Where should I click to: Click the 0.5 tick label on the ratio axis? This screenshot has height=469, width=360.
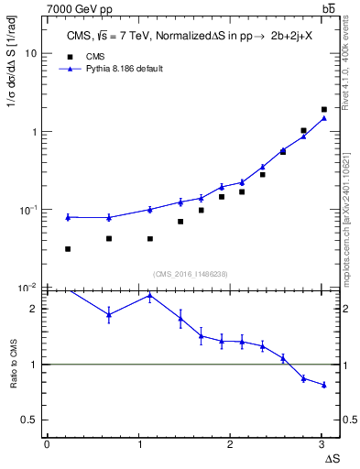[x=29, y=420]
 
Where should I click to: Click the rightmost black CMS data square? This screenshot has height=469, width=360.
[x=324, y=109]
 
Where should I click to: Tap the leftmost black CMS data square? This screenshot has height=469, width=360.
[x=68, y=249]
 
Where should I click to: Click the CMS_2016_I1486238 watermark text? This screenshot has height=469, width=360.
[x=191, y=274]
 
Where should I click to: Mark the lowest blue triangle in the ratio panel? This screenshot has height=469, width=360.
[x=324, y=385]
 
